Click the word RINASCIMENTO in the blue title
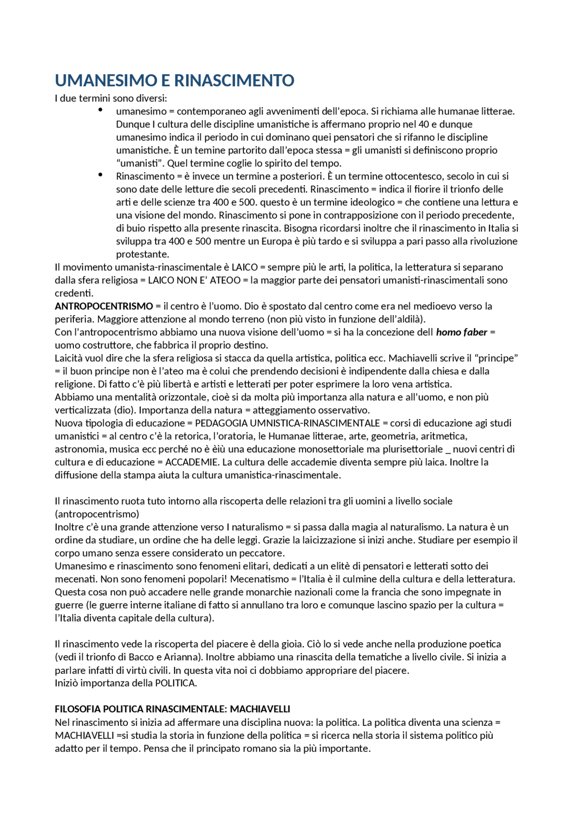click(234, 81)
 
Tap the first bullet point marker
click(100, 110)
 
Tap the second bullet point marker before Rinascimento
click(100, 175)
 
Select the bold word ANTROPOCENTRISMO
click(104, 307)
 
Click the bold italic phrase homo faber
click(461, 333)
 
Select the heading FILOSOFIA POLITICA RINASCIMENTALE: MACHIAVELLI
click(172, 709)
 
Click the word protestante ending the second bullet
click(142, 254)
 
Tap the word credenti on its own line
click(74, 294)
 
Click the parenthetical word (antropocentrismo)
click(97, 514)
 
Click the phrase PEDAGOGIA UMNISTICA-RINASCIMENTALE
click(288, 423)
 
